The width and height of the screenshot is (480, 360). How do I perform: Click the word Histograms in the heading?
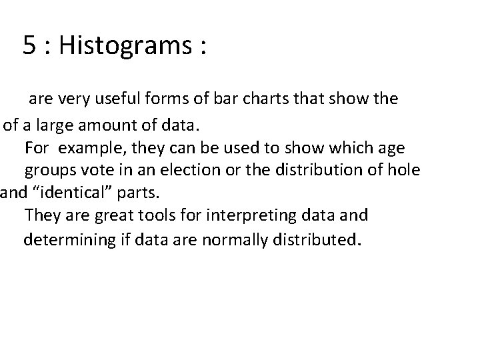click(x=127, y=45)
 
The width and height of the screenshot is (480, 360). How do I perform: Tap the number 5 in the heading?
click(x=30, y=45)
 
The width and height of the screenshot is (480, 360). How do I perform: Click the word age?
click(x=391, y=147)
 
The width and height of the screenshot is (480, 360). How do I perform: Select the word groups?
click(x=49, y=171)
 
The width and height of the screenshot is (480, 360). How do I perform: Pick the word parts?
click(x=137, y=194)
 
